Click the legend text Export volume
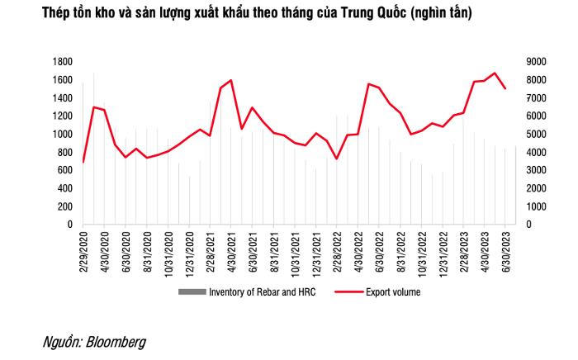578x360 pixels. click(394, 292)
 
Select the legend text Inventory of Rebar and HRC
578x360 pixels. click(262, 292)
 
